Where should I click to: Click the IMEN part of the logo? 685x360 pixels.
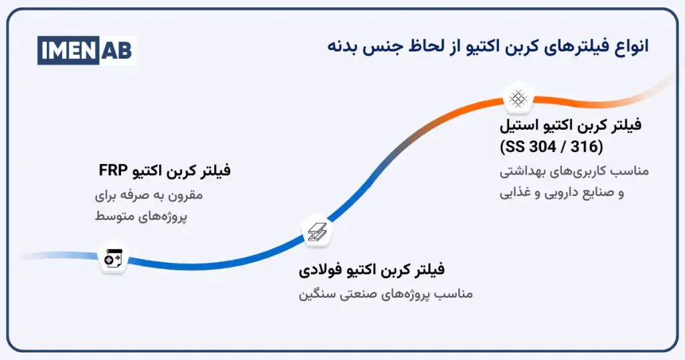[70, 50]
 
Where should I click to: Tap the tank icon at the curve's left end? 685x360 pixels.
[112, 258]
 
